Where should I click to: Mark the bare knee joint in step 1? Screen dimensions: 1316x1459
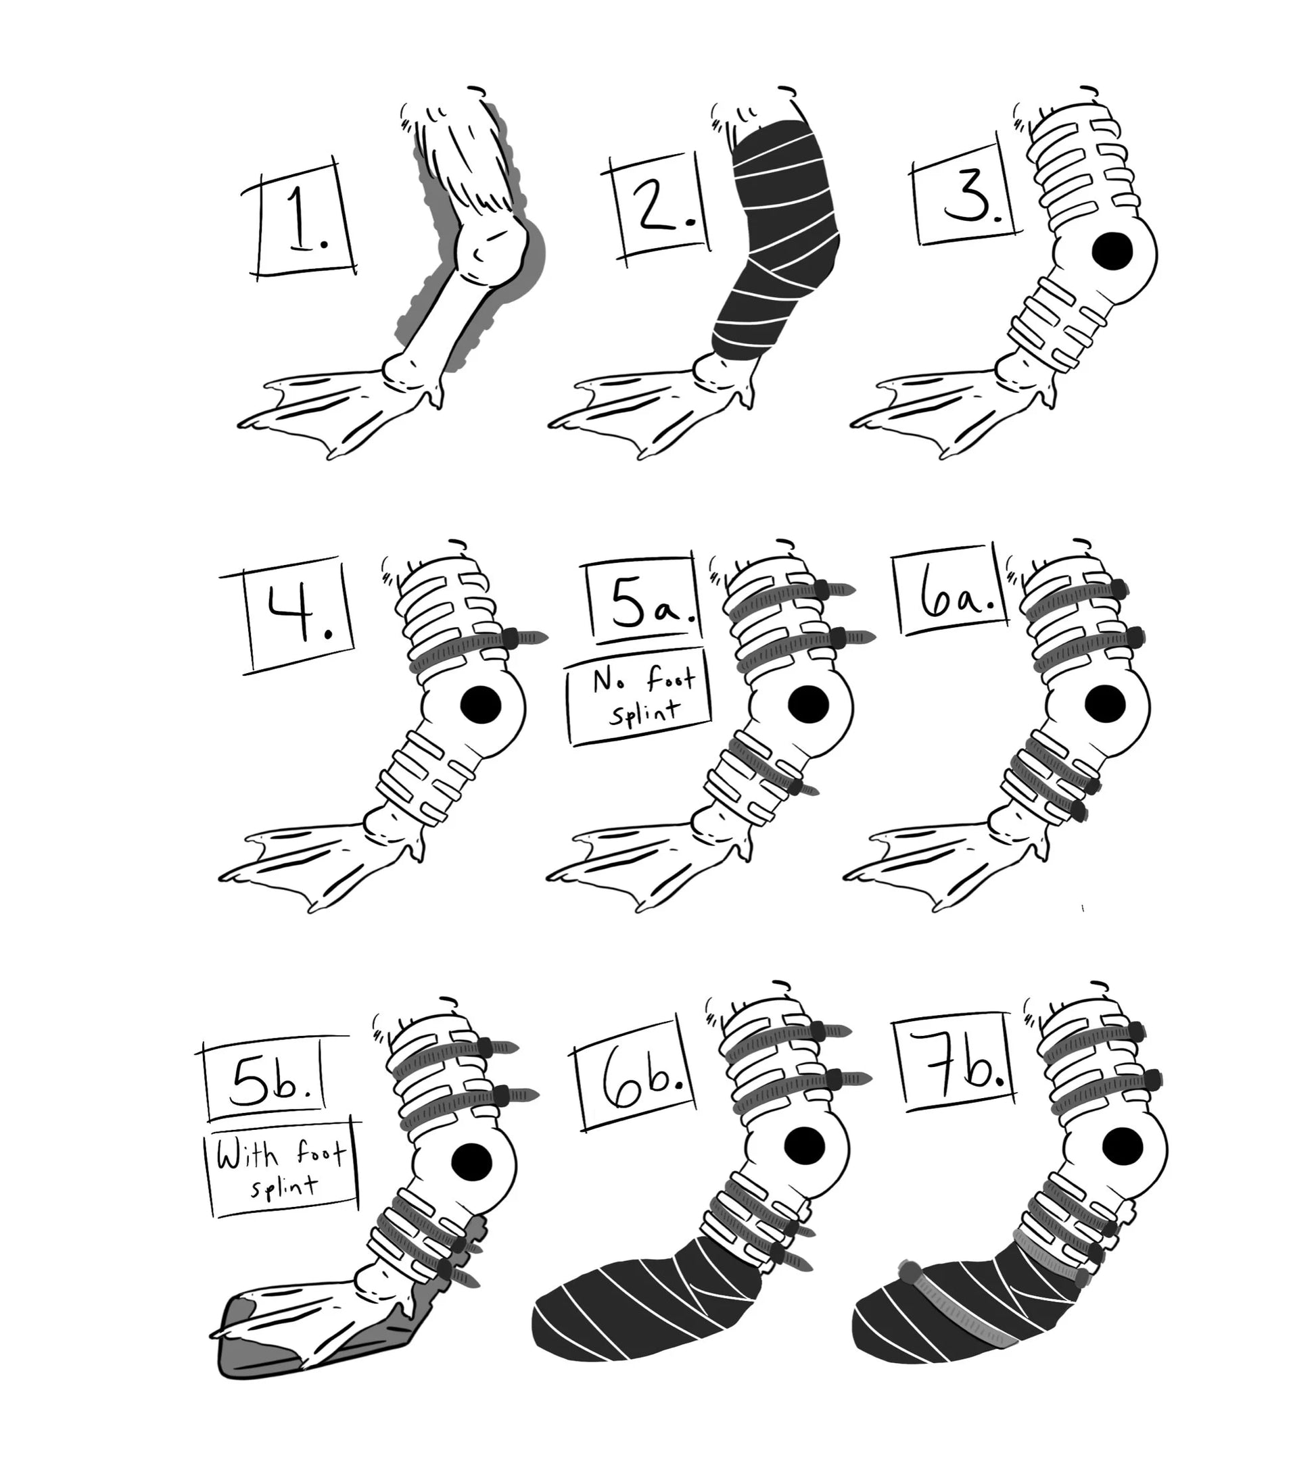[494, 251]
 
